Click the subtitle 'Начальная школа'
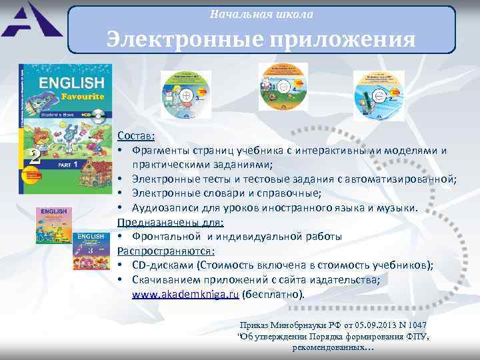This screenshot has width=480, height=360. (261, 14)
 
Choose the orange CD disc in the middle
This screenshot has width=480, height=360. (283, 91)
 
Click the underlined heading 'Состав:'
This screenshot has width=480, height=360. (136, 135)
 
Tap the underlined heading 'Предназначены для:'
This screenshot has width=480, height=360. (171, 222)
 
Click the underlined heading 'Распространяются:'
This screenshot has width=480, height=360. (166, 251)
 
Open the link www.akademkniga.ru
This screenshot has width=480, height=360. (185, 294)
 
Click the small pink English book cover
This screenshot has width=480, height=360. (54, 225)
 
